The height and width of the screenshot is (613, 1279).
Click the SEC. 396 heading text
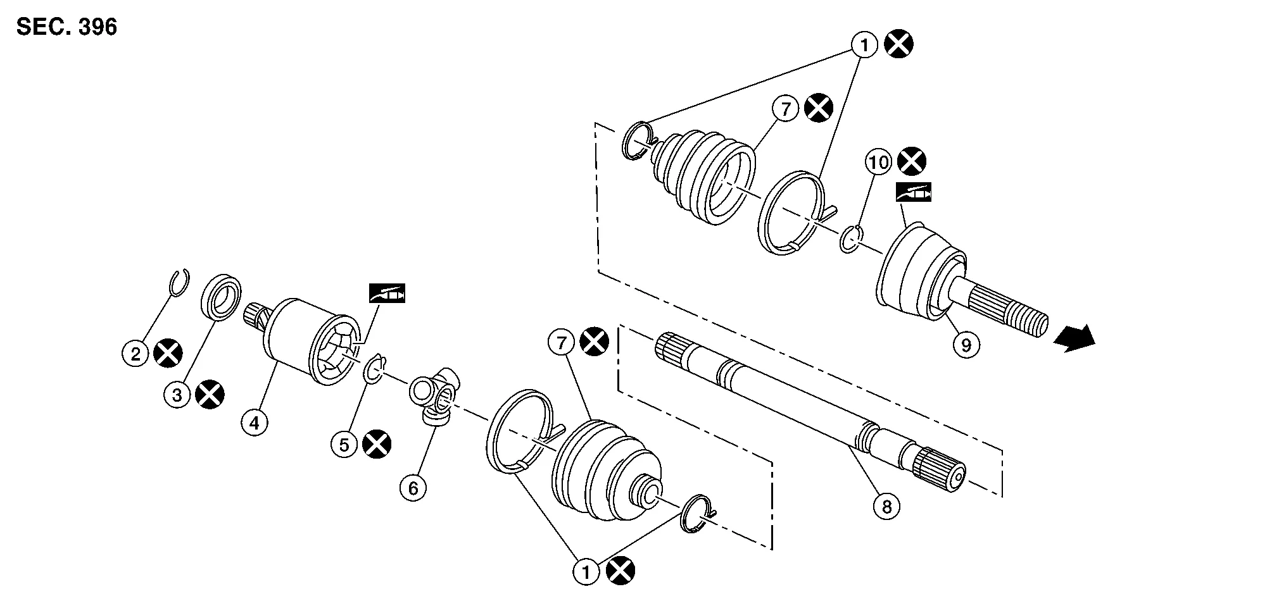tap(66, 27)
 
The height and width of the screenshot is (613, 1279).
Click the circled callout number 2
tap(135, 354)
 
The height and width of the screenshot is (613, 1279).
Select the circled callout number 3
tap(177, 395)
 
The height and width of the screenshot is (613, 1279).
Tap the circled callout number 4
tap(255, 423)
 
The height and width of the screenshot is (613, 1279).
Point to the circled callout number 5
tap(344, 444)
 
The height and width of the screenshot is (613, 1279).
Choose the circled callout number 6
tap(413, 488)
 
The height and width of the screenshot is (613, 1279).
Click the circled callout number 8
tap(886, 506)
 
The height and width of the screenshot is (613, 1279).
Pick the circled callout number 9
tap(966, 345)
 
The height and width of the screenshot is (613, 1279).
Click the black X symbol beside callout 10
tap(912, 162)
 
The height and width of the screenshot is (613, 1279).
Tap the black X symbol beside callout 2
tap(168, 353)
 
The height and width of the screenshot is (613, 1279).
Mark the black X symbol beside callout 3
tap(210, 395)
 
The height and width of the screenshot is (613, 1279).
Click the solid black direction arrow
tap(1074, 338)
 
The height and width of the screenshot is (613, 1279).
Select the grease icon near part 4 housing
tap(387, 294)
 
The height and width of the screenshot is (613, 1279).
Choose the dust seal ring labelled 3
tap(221, 295)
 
